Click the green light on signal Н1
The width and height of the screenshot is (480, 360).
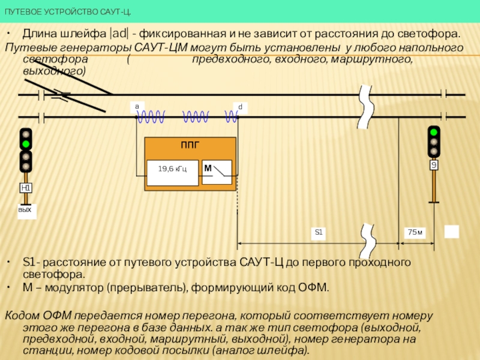(26, 144)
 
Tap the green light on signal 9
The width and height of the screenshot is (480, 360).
(434, 131)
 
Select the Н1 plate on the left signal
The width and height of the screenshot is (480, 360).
(26, 188)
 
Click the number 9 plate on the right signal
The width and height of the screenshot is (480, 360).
(434, 165)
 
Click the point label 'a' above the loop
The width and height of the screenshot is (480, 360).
(136, 106)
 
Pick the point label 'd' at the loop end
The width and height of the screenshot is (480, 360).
(240, 107)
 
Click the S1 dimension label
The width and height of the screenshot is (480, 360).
(319, 233)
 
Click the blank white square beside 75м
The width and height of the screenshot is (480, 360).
(451, 232)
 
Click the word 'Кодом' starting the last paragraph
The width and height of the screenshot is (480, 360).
(23, 316)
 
